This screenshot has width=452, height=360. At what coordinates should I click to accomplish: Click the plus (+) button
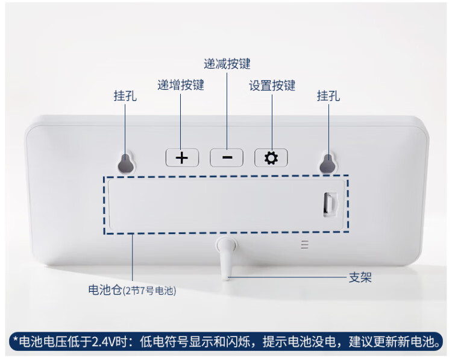coord(182,158)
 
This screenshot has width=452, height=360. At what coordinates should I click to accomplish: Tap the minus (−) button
coord(227,158)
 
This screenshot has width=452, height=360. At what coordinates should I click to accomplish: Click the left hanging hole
coord(126,162)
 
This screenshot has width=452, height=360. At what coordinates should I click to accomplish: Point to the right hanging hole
coord(328,162)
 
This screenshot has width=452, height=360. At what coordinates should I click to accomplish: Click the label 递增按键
coord(181,85)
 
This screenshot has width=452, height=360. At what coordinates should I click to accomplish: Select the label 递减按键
coord(227,63)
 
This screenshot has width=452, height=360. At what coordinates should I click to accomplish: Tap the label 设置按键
coord(272,86)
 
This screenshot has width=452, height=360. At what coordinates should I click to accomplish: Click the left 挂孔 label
coord(125,96)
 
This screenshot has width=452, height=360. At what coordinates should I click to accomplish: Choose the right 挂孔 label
coord(328,96)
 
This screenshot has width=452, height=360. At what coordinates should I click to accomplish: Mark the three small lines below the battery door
coord(304,245)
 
